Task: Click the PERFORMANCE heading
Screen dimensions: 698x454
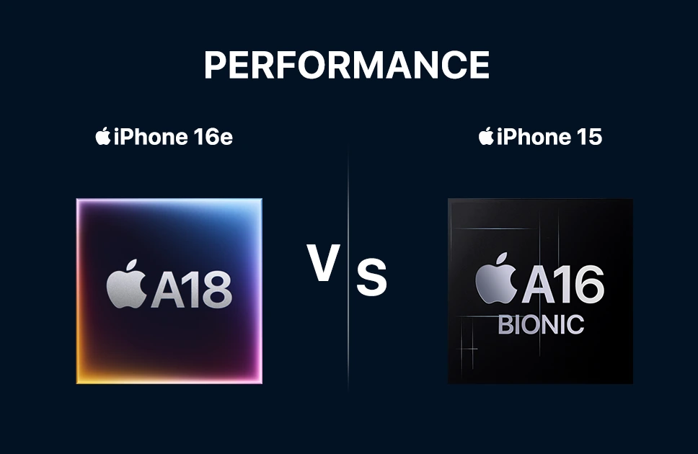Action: tap(347, 65)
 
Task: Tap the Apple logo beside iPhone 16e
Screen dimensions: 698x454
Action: tap(103, 135)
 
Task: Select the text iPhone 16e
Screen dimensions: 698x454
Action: tap(173, 137)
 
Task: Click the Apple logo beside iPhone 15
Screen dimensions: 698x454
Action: tap(486, 135)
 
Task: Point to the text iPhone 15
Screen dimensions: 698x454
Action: tap(549, 137)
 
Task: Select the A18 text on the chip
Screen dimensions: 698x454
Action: tap(192, 289)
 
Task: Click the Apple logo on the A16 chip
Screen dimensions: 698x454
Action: tap(496, 279)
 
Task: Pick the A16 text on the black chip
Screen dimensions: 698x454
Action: tap(563, 284)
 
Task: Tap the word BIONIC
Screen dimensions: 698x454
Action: tap(541, 324)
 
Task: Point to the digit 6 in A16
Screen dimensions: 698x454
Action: tap(587, 284)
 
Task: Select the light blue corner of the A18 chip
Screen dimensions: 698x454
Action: tap(256, 205)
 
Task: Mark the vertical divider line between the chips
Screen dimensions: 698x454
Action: tap(348, 267)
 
